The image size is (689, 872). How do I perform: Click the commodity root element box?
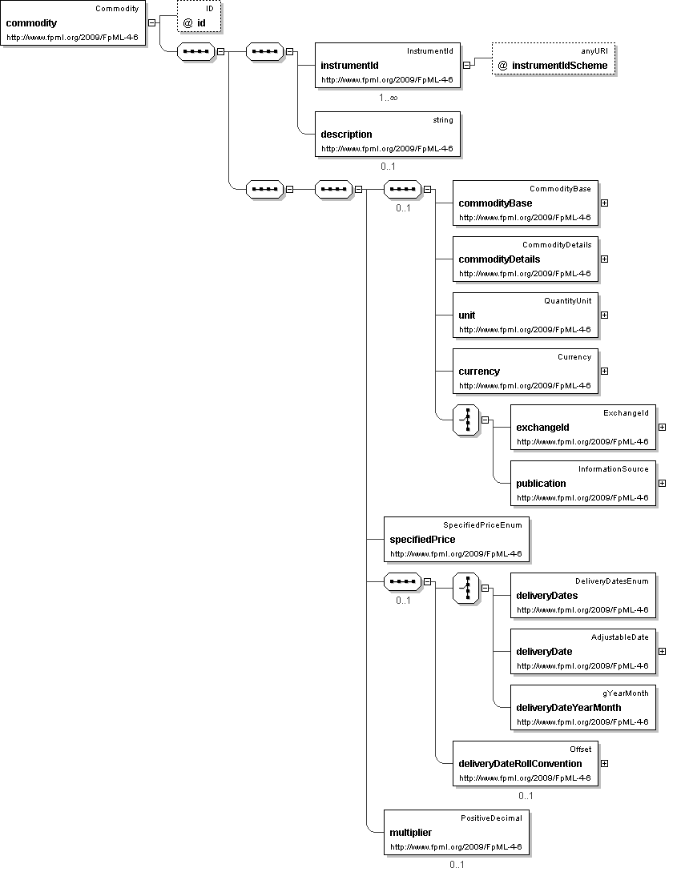pyautogui.click(x=74, y=23)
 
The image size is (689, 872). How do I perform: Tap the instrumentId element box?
pyautogui.click(x=388, y=65)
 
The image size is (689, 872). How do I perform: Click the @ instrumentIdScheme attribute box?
pyautogui.click(x=554, y=60)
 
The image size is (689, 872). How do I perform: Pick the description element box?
pyautogui.click(x=388, y=134)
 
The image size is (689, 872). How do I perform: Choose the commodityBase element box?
pyautogui.click(x=526, y=203)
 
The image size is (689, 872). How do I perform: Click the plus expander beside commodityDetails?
pyautogui.click(x=604, y=259)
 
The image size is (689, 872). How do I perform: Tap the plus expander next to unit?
pyautogui.click(x=604, y=315)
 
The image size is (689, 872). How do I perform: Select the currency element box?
pyautogui.click(x=526, y=371)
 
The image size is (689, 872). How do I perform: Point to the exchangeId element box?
pyautogui.click(x=583, y=427)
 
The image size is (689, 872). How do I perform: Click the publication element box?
pyautogui.click(x=583, y=483)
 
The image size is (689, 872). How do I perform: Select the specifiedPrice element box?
pyautogui.click(x=457, y=539)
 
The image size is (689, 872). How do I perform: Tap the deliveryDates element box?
pyautogui.click(x=583, y=595)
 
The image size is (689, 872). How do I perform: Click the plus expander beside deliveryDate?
pyautogui.click(x=662, y=651)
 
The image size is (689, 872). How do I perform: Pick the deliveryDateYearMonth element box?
pyautogui.click(x=583, y=707)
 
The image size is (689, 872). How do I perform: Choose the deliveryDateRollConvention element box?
pyautogui.click(x=526, y=763)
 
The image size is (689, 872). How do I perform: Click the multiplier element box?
pyautogui.click(x=457, y=832)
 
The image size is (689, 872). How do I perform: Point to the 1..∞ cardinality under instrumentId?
pyautogui.click(x=389, y=98)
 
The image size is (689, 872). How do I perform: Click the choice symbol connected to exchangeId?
pyautogui.click(x=466, y=420)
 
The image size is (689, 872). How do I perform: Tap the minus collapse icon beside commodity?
pyautogui.click(x=152, y=23)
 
